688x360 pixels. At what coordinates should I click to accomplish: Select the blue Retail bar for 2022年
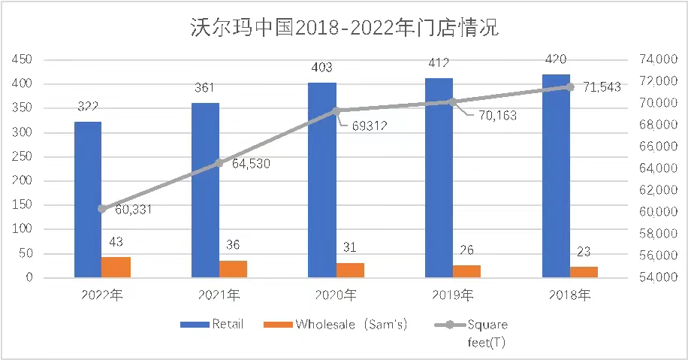click(x=88, y=199)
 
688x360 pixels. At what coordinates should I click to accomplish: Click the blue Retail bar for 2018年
click(x=557, y=176)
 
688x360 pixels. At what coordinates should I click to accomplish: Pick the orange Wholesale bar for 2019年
click(x=466, y=271)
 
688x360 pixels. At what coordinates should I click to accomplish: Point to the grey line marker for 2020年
click(x=336, y=110)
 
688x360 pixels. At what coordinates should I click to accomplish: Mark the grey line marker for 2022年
click(x=102, y=209)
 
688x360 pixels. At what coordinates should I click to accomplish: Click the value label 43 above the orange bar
click(x=116, y=242)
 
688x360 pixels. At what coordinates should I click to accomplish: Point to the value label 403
click(x=322, y=68)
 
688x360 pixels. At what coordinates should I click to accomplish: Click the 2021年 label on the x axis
click(x=219, y=294)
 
